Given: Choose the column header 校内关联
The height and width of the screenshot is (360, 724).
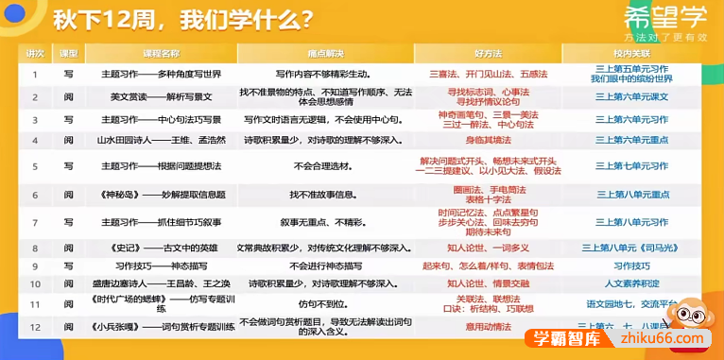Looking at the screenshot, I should click(x=632, y=54).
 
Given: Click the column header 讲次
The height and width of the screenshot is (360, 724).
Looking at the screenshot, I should click(x=35, y=54).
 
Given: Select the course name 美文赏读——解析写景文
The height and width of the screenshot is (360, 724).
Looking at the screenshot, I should click(x=155, y=96).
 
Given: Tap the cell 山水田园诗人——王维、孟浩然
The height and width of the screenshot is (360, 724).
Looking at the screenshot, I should click(x=155, y=140).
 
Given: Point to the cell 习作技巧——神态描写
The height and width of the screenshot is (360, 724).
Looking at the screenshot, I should click(x=155, y=266).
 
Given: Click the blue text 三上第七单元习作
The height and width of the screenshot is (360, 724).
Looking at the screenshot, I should click(x=632, y=165).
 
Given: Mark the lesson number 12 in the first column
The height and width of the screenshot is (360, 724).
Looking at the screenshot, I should click(x=35, y=327).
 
